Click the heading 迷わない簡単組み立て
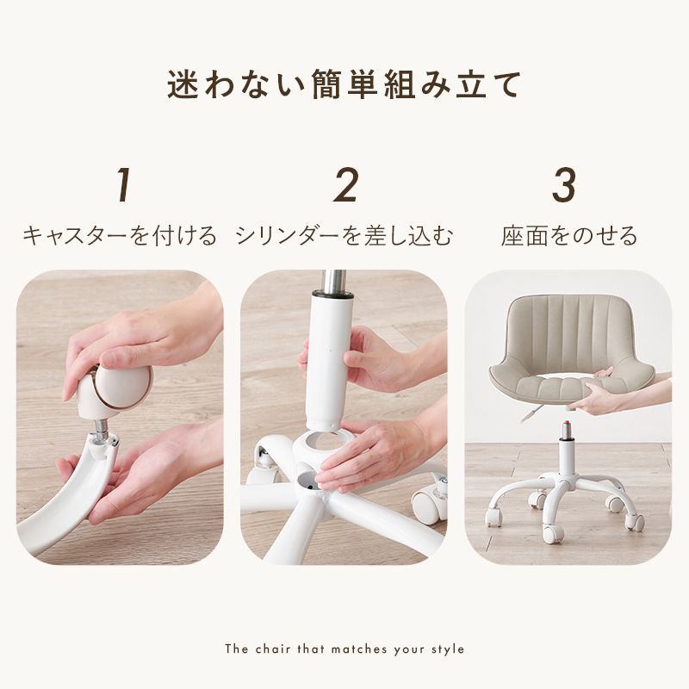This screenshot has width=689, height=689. pyautogui.click(x=344, y=86)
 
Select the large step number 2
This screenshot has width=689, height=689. pyautogui.click(x=345, y=185)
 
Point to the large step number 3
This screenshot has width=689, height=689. pyautogui.click(x=564, y=185)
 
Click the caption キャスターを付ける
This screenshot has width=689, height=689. pyautogui.click(x=120, y=236)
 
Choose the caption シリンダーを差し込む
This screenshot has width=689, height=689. pyautogui.click(x=344, y=236)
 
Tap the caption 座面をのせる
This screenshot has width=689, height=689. pyautogui.click(x=569, y=236)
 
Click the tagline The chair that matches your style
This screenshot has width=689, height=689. pyautogui.click(x=344, y=649)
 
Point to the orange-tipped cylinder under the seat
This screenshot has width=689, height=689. pyautogui.click(x=567, y=429)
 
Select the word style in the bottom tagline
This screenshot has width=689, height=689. pyautogui.click(x=448, y=649)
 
